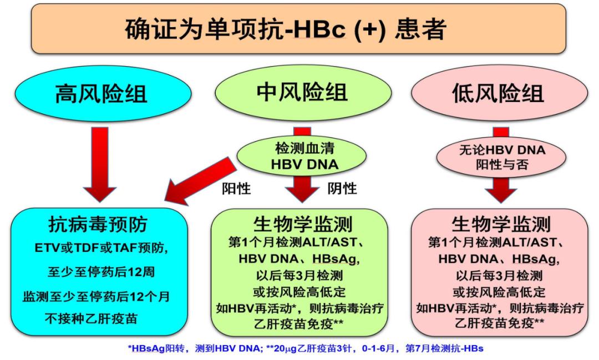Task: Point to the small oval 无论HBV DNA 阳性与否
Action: (501, 157)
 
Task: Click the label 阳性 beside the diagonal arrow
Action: (236, 189)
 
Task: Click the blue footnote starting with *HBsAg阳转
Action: (299, 348)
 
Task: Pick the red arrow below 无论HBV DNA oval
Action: (501, 189)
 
